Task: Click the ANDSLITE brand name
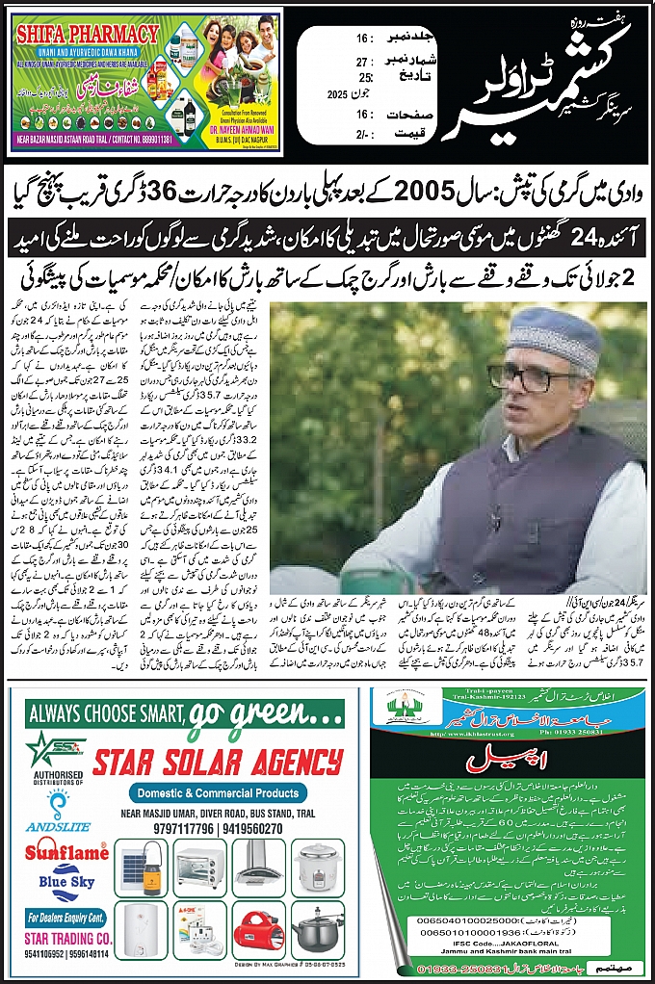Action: click(54, 826)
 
